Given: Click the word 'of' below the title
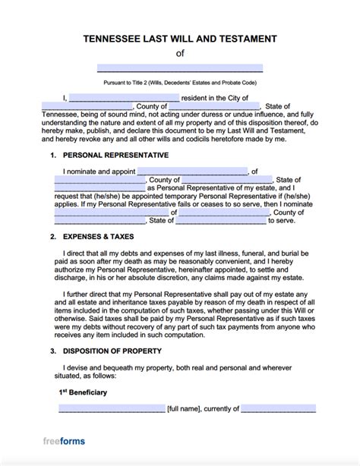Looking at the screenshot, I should point(180,53).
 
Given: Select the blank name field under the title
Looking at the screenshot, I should point(180,68).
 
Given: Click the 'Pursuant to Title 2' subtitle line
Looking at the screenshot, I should point(180,81).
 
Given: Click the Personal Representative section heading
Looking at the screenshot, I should point(115,155).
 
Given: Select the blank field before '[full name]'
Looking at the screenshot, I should point(112,408).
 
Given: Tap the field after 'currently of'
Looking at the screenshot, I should point(278,408).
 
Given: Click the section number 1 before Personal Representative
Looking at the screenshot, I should point(53,155).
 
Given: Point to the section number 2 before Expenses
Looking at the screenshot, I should point(53,237).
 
